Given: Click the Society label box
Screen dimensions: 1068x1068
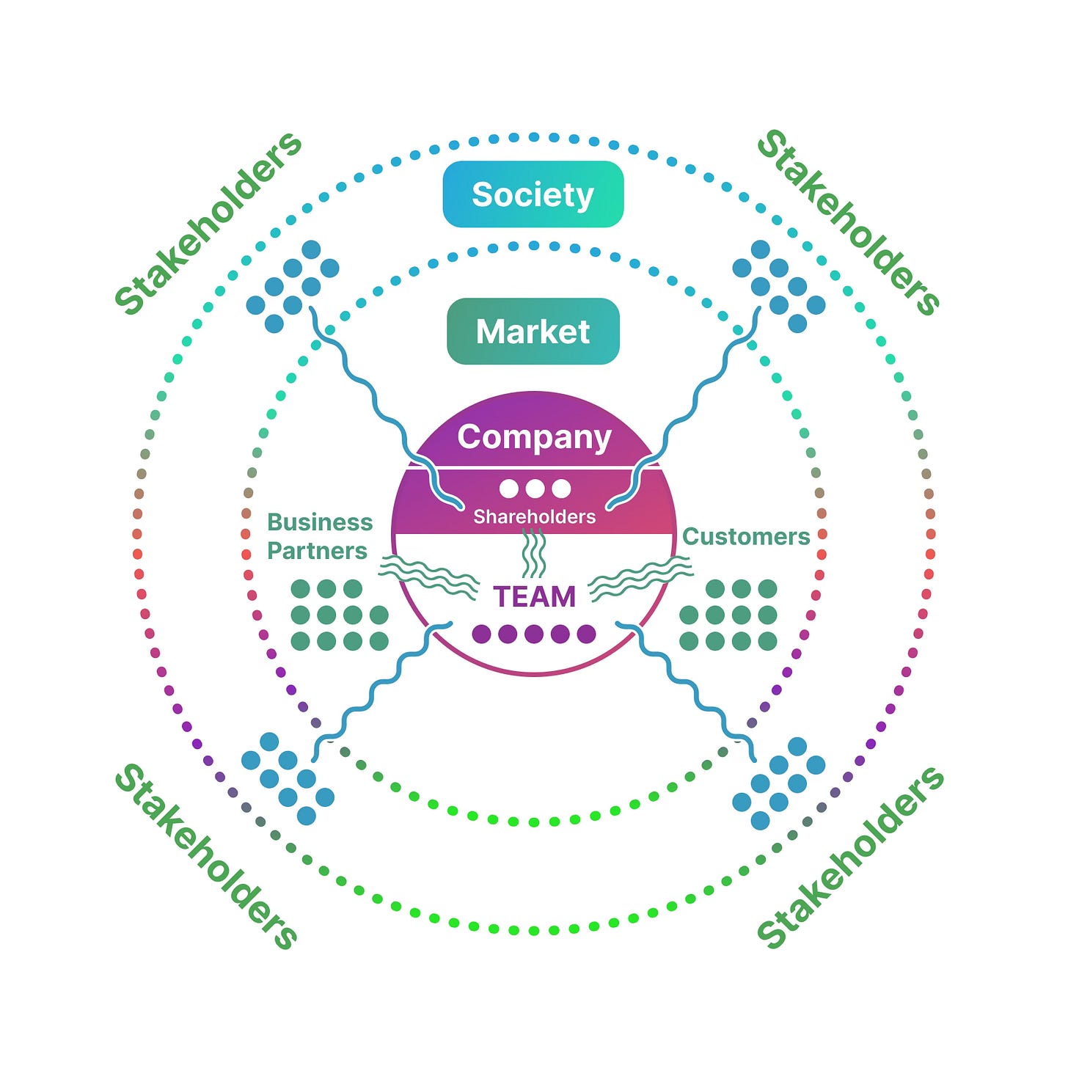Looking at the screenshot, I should [533, 194].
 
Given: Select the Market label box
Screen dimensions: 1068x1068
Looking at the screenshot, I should [533, 332].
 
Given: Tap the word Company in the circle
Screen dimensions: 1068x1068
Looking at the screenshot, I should [534, 437].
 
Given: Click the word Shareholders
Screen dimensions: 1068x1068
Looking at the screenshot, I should [534, 516].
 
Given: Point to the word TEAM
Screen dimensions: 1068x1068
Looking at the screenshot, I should [534, 597].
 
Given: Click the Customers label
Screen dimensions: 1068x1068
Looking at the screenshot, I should [746, 537].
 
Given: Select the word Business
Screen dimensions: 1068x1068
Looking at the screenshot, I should [320, 522].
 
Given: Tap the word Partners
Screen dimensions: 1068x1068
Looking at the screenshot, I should [317, 551].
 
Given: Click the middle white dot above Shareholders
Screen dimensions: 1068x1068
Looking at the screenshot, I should [535, 489].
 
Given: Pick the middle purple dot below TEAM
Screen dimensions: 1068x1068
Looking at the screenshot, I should [534, 634].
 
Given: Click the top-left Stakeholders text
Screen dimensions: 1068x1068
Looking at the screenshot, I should [208, 223].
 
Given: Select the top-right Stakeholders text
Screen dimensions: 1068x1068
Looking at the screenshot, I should [849, 222].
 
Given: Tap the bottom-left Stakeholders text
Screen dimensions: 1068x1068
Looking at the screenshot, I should [207, 856].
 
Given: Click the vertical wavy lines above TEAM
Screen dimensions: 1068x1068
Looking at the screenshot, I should [534, 555].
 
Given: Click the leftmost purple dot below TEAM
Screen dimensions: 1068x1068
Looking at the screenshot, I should [481, 634].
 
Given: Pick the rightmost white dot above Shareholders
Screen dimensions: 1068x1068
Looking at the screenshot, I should [561, 489].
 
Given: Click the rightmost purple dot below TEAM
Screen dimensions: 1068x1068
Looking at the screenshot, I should [587, 634].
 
